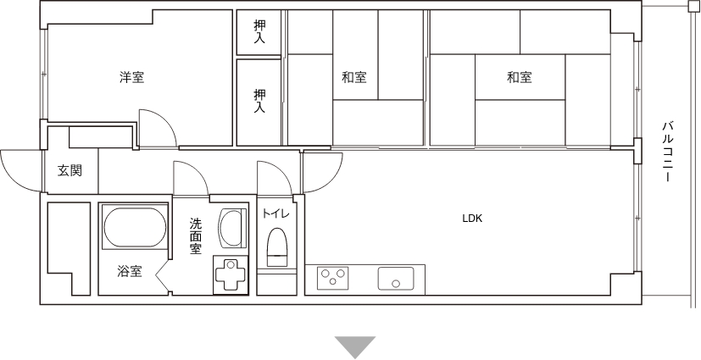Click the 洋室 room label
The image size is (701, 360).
[x=132, y=77]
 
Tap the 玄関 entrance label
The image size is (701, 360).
[x=70, y=170]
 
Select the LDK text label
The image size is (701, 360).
[x=472, y=219]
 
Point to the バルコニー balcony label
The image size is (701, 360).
[x=668, y=151]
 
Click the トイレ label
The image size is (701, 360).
[x=275, y=213]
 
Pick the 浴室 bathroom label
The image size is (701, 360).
[x=130, y=271]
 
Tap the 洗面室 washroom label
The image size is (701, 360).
[x=195, y=236]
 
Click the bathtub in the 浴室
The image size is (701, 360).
[x=135, y=226]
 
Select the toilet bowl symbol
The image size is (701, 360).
[x=276, y=247]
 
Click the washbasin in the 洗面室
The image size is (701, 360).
[x=232, y=228]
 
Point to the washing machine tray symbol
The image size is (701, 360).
[x=231, y=275]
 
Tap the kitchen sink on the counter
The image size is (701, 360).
[x=396, y=279]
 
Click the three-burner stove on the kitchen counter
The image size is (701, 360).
[x=332, y=278]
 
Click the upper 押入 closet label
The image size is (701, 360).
[x=259, y=31]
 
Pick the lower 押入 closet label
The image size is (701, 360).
[x=259, y=101]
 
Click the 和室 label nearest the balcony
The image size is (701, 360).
[x=520, y=77]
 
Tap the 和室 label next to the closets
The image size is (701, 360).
[x=354, y=77]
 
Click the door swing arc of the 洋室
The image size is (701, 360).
[x=164, y=120]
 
